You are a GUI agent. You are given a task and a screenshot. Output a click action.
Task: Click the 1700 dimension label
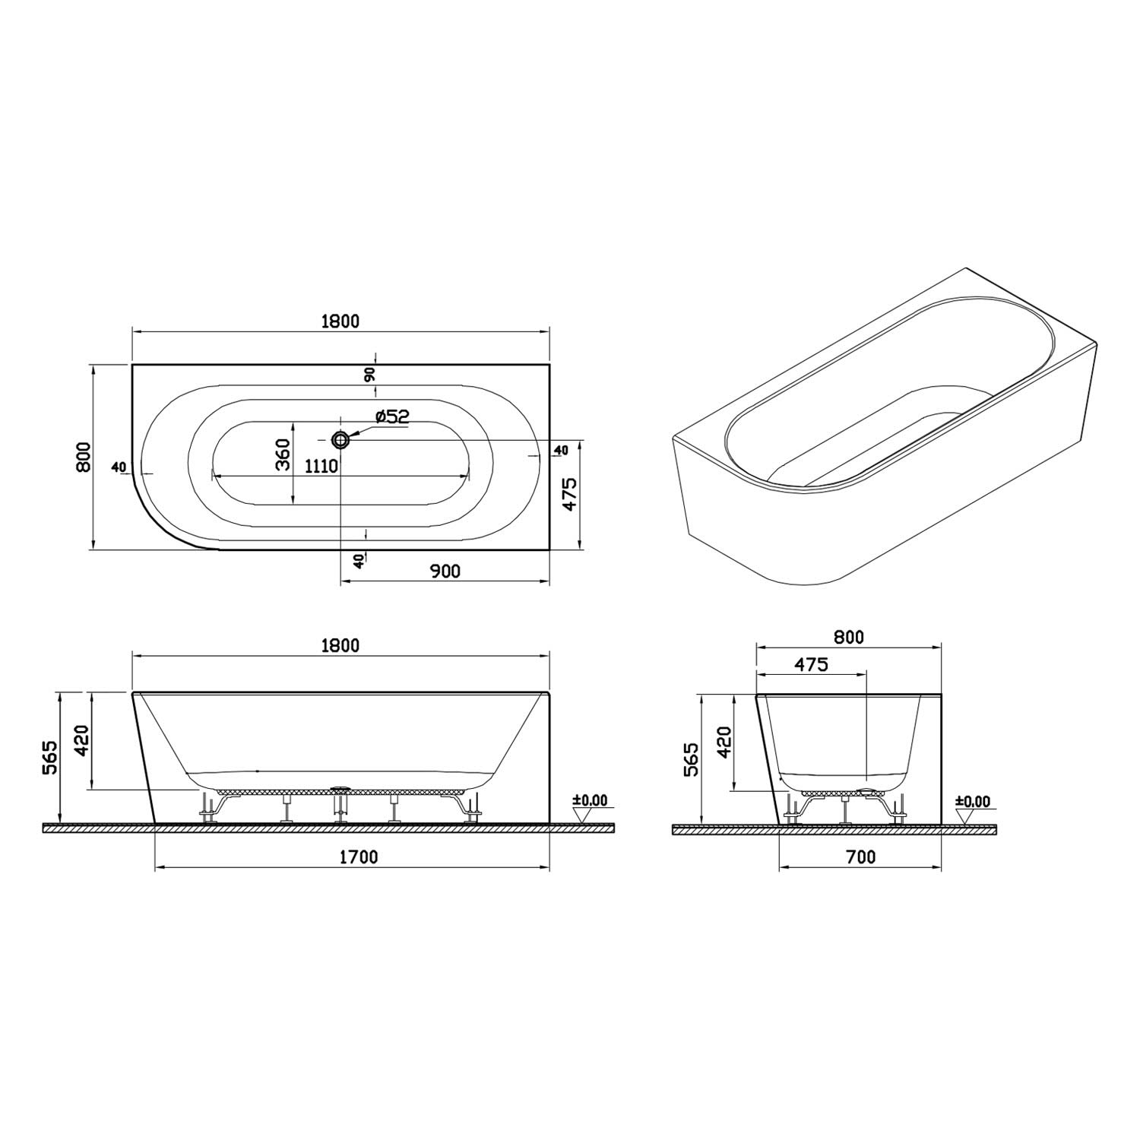[x=358, y=857]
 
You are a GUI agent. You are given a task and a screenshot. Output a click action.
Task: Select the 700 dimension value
[x=860, y=857]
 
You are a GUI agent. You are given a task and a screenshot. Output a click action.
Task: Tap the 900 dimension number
[x=445, y=571]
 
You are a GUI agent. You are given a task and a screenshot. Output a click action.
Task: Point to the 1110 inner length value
[x=321, y=466]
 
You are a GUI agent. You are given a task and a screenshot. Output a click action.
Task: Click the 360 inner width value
[x=283, y=455]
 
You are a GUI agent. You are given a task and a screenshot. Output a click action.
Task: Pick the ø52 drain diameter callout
[x=392, y=416]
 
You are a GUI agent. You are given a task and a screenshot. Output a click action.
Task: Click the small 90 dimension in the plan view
[x=370, y=374]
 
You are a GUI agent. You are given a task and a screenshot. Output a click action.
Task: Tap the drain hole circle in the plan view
[x=340, y=439]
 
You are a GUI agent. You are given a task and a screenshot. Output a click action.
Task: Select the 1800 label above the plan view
[x=340, y=321]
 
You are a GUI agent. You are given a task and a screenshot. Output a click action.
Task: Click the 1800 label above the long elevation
[x=340, y=646]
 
